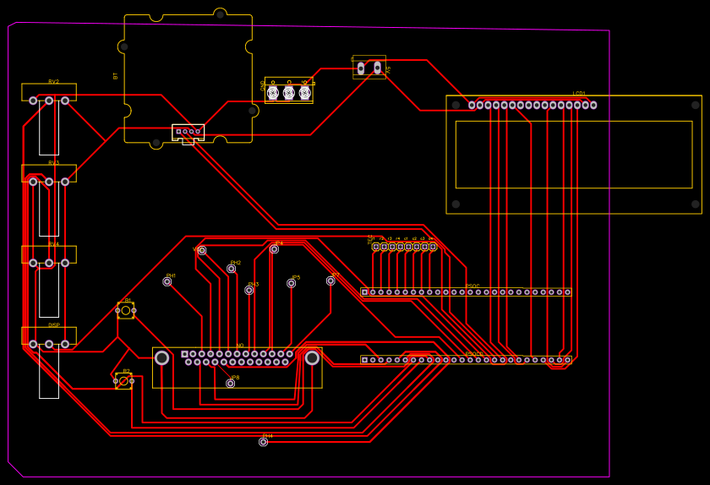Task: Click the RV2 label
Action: (x=53, y=82)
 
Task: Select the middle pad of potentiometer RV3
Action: (x=49, y=182)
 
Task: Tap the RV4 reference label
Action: (x=53, y=244)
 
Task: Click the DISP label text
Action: (x=53, y=325)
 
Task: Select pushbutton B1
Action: (x=126, y=310)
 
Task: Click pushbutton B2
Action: (x=123, y=381)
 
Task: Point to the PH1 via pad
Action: (x=167, y=281)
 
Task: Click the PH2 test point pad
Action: (x=231, y=269)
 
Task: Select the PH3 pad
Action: (x=249, y=290)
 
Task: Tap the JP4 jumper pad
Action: (x=275, y=249)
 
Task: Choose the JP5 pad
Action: (x=292, y=283)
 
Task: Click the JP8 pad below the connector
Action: (x=231, y=384)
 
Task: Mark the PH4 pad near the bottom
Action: (x=264, y=442)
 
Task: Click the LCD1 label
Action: (x=579, y=94)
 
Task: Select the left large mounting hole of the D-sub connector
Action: (x=162, y=358)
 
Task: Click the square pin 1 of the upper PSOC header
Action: (x=365, y=292)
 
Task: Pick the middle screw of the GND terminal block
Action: (x=289, y=93)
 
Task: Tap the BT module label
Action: (x=116, y=76)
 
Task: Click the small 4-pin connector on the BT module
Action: (x=188, y=132)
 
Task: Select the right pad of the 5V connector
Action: (x=377, y=68)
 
